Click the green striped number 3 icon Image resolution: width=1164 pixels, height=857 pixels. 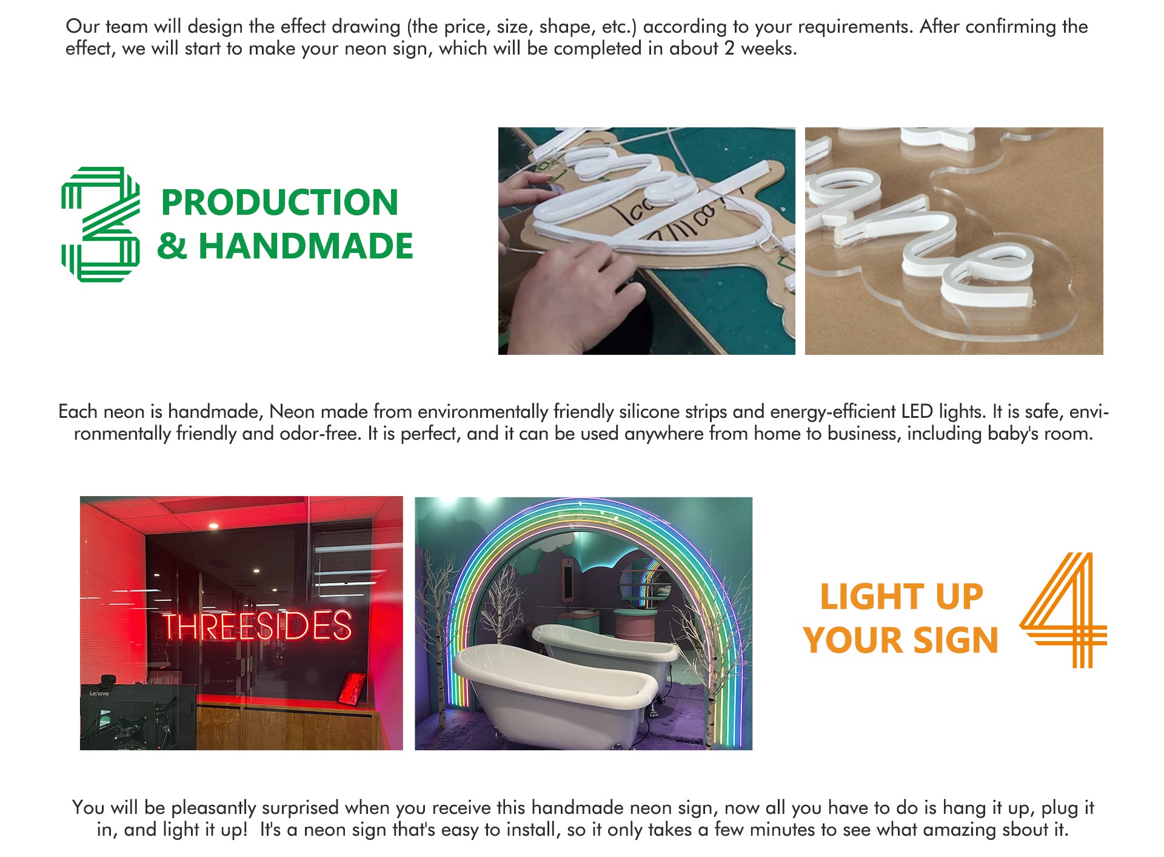[x=101, y=224]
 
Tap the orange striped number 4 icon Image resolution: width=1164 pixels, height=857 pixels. [x=1064, y=610]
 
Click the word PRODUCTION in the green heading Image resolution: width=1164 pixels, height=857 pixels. [x=279, y=202]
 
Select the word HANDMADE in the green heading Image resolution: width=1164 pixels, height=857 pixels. [x=306, y=246]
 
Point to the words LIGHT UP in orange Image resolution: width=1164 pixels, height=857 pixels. [x=901, y=597]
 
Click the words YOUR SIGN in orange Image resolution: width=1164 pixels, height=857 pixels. [x=901, y=640]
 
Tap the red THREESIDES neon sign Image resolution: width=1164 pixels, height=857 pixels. [x=256, y=626]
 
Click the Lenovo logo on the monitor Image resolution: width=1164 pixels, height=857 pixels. [x=99, y=693]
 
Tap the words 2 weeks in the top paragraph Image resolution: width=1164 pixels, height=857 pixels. [x=760, y=49]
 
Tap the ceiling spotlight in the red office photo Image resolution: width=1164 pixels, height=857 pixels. [x=213, y=526]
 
